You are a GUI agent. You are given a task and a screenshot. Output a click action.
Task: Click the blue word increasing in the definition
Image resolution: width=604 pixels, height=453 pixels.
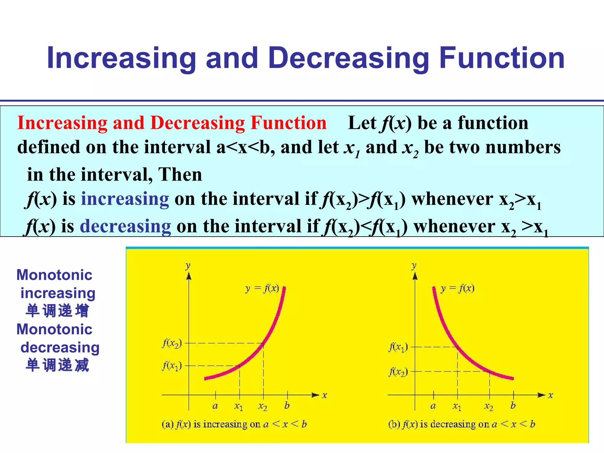(125, 199)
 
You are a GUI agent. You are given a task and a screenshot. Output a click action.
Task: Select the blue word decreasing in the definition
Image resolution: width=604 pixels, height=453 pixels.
(125, 226)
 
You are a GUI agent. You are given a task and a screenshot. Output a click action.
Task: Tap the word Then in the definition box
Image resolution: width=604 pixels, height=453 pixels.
(180, 174)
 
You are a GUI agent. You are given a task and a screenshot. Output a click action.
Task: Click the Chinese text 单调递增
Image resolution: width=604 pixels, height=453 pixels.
(57, 311)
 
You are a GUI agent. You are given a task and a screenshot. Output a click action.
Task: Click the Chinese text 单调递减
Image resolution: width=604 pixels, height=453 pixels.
(57, 365)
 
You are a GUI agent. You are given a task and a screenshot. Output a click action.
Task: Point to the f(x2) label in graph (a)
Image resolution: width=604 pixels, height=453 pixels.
(172, 344)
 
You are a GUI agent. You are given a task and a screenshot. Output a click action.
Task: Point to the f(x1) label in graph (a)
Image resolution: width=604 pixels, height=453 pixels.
(172, 366)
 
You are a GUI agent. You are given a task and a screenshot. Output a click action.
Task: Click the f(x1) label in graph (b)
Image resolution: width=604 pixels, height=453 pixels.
(398, 347)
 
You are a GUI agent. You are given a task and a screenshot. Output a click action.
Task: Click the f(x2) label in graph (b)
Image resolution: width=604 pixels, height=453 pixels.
(398, 372)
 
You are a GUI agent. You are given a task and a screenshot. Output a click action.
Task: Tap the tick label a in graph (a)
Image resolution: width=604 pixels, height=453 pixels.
(215, 406)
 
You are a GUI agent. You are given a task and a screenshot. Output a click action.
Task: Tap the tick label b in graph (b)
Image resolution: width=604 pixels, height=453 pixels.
(513, 406)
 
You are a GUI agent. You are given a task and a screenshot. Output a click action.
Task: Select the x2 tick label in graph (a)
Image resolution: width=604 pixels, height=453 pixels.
(262, 407)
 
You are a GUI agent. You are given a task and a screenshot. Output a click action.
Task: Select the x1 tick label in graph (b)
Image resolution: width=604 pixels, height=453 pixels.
(457, 407)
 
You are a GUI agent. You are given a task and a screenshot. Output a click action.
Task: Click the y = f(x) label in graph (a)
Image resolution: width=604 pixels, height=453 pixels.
(262, 288)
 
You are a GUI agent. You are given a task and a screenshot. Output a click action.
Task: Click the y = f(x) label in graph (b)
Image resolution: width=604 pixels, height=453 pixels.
(457, 288)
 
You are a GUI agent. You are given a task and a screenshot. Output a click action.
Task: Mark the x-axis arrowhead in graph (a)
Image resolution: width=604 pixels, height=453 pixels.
(316, 395)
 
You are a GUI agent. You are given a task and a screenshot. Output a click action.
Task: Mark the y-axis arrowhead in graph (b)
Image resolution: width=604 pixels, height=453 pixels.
(415, 276)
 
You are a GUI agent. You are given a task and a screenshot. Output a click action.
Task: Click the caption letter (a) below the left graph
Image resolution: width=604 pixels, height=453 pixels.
(168, 424)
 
